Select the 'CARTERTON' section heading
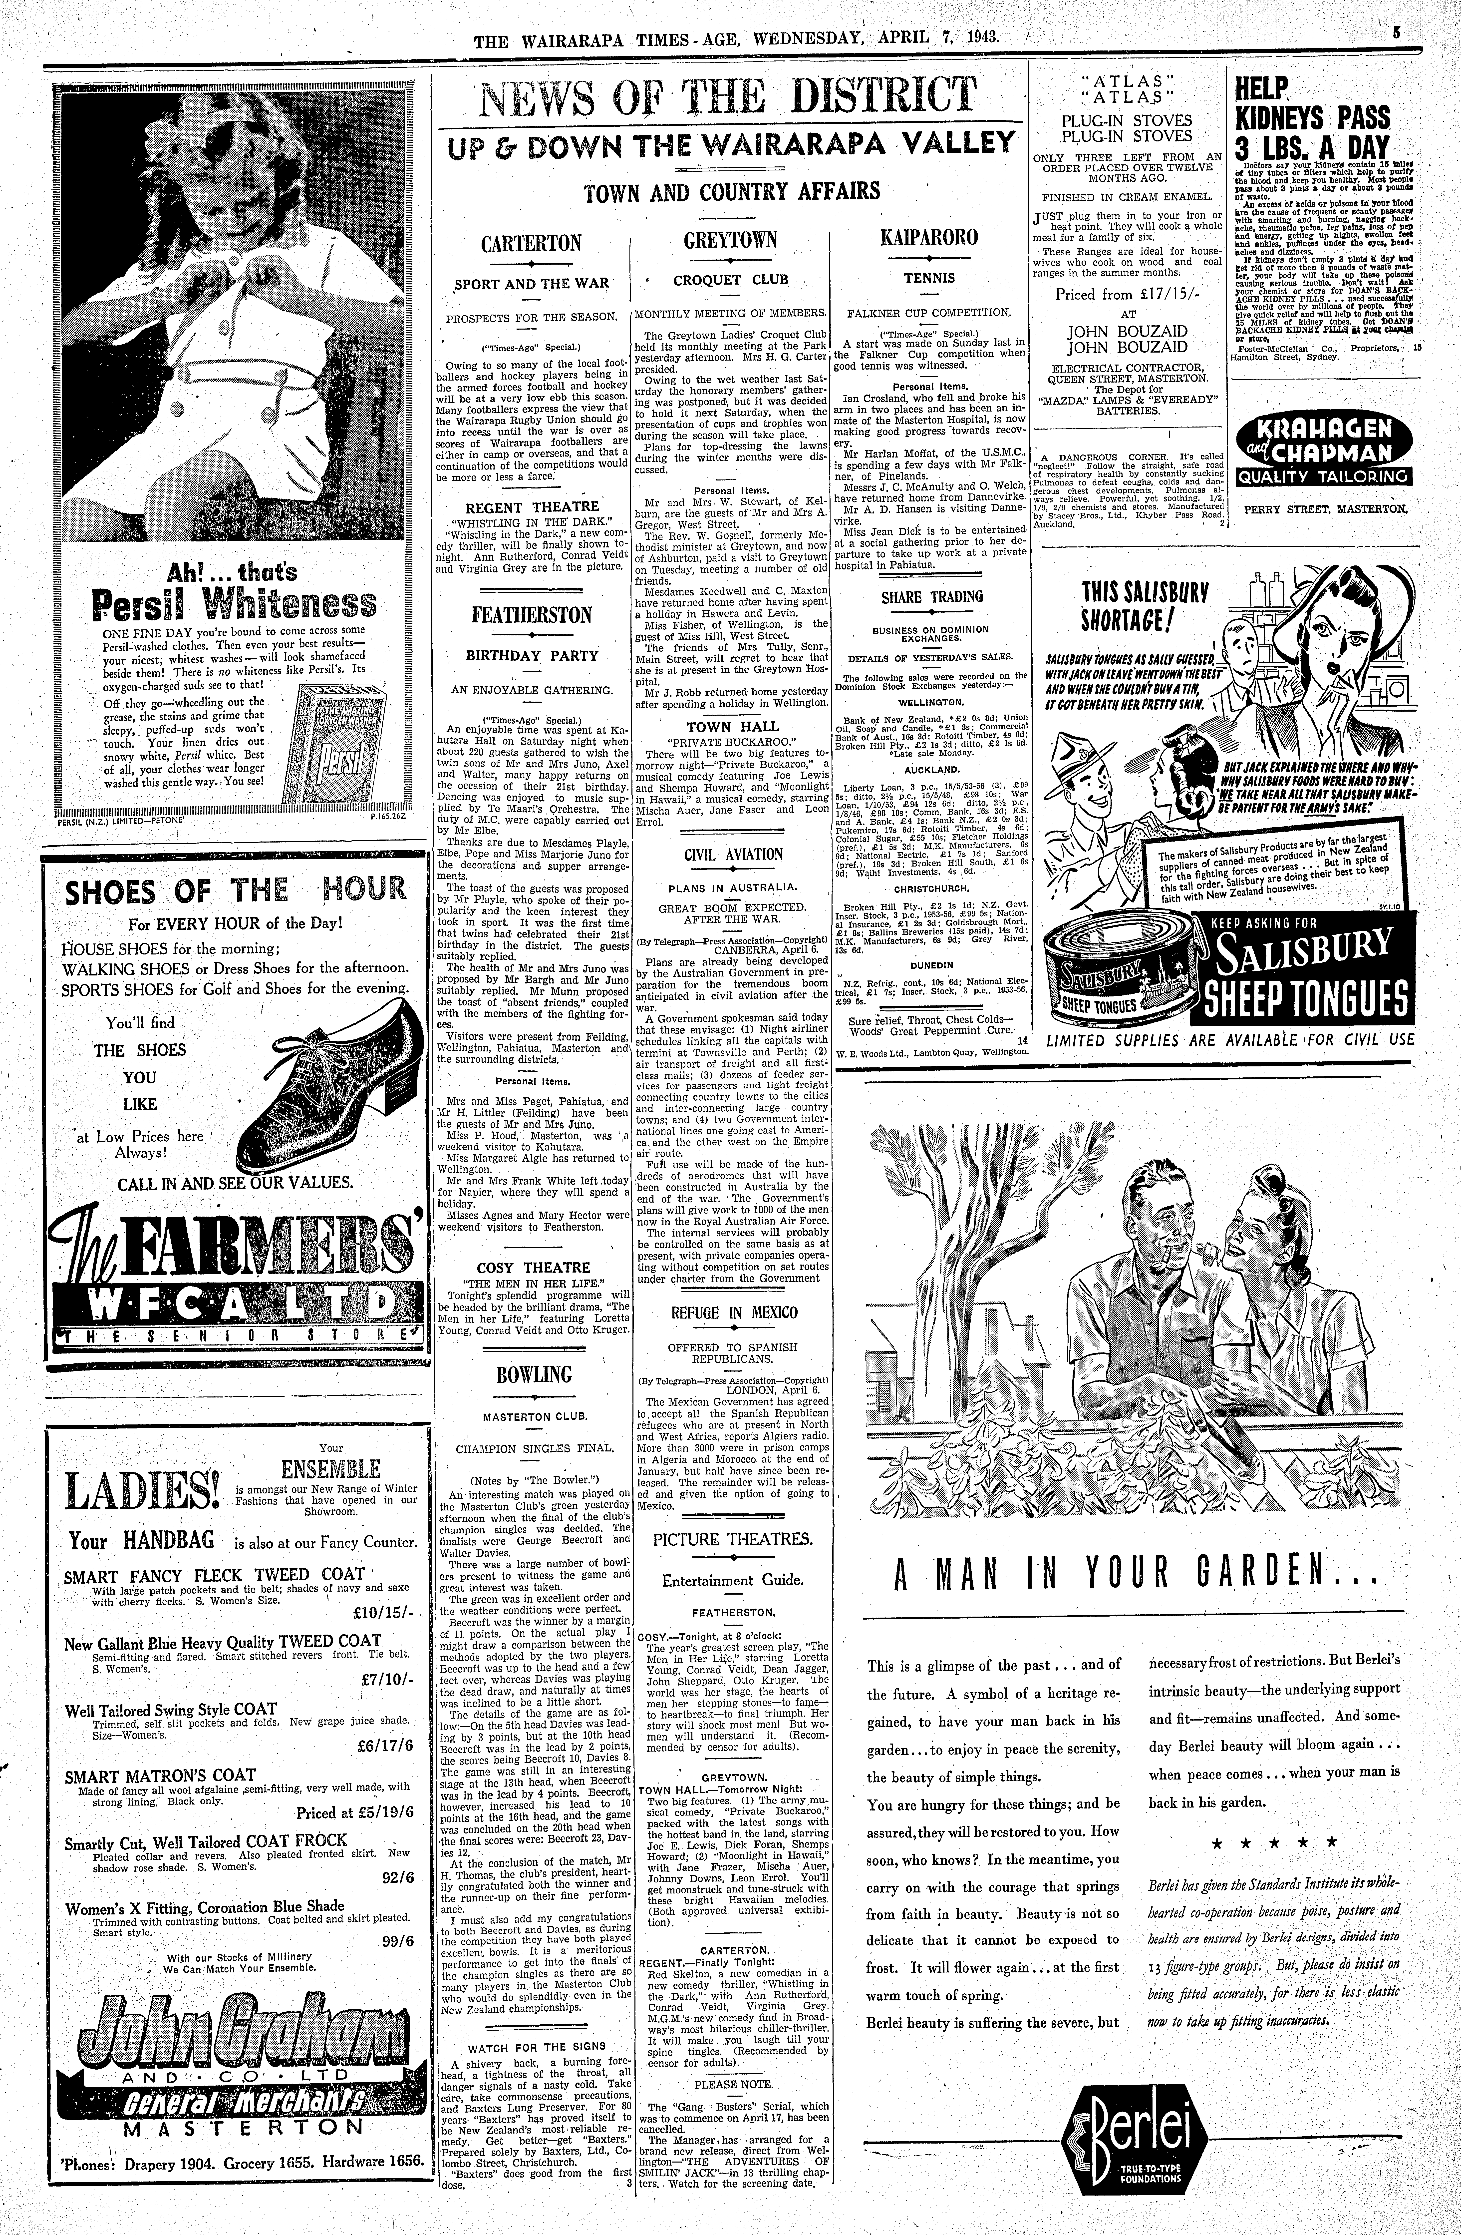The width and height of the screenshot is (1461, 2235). pyautogui.click(x=532, y=243)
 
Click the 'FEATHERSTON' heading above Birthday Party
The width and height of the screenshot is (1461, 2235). pyautogui.click(x=532, y=615)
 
